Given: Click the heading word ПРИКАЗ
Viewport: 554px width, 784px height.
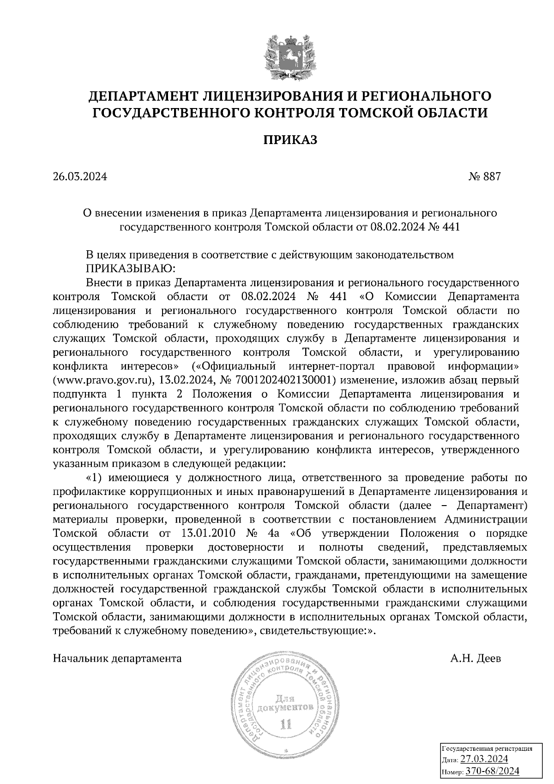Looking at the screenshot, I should [x=290, y=140].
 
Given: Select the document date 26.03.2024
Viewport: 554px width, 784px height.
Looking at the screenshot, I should [x=80, y=176].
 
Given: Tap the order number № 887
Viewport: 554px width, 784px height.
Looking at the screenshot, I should [x=484, y=176].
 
